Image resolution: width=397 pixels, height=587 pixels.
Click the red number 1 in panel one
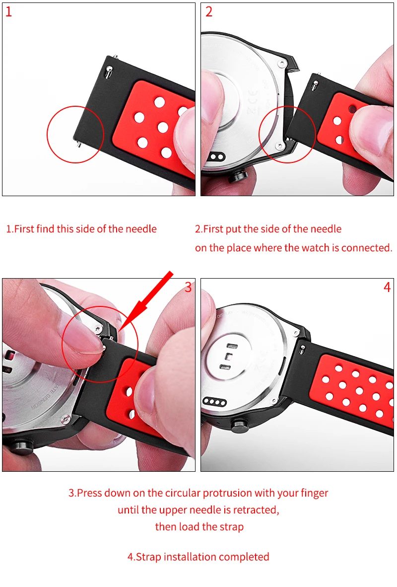tap(8, 12)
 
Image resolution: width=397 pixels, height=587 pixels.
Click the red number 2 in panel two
tap(209, 12)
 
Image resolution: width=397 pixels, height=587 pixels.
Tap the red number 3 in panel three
tap(188, 287)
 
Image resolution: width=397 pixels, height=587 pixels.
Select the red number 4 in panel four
tap(387, 288)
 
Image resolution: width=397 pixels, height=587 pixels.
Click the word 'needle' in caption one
tap(141, 229)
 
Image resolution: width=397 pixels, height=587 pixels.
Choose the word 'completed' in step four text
tap(244, 557)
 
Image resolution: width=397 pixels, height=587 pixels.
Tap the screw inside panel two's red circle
tap(279, 146)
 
